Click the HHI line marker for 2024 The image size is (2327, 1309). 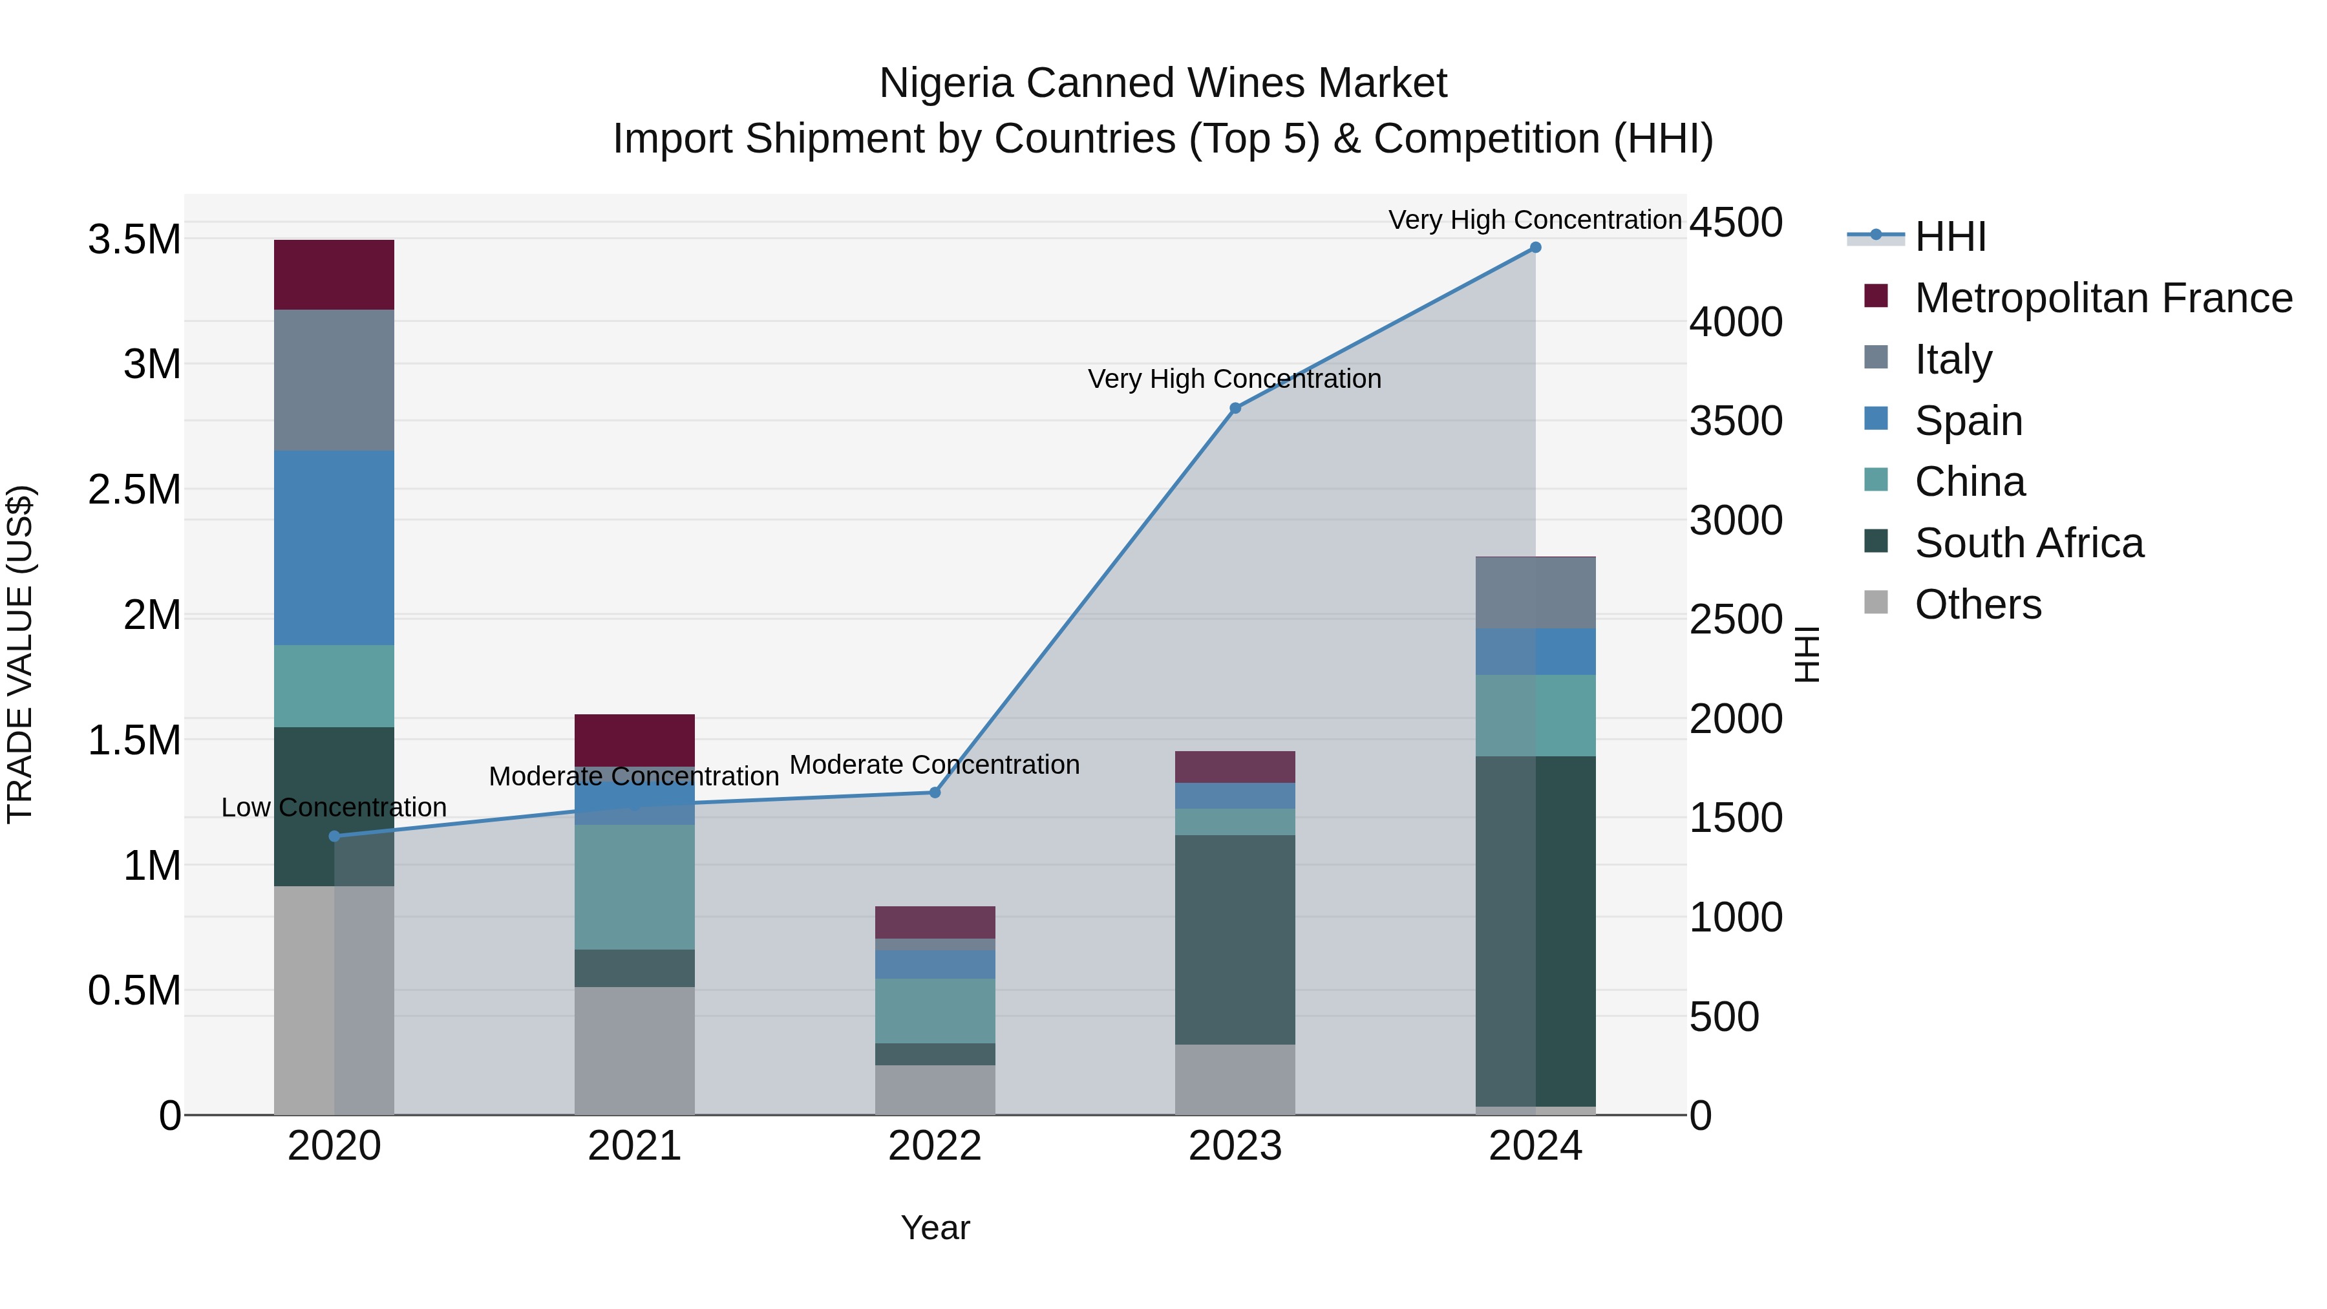point(1535,248)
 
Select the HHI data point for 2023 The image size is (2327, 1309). point(1235,409)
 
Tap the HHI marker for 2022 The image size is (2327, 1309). point(935,793)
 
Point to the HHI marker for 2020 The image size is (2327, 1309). point(334,836)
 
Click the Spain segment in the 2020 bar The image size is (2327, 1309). point(334,548)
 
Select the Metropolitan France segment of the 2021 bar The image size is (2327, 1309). point(634,740)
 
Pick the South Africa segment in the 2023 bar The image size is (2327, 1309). point(1235,939)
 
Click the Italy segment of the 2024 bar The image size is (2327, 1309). point(1535,593)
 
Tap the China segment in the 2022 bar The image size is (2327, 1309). point(935,1011)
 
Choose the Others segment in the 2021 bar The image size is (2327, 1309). point(634,1050)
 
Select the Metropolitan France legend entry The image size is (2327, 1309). point(2103,298)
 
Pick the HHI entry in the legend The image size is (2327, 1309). point(1950,237)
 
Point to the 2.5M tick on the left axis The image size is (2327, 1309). point(134,489)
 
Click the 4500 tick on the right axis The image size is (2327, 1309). point(1736,222)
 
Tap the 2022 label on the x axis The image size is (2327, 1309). point(935,1146)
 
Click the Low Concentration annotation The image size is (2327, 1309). point(334,807)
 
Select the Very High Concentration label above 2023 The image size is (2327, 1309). point(1234,379)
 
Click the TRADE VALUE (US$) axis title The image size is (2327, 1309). point(20,654)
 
